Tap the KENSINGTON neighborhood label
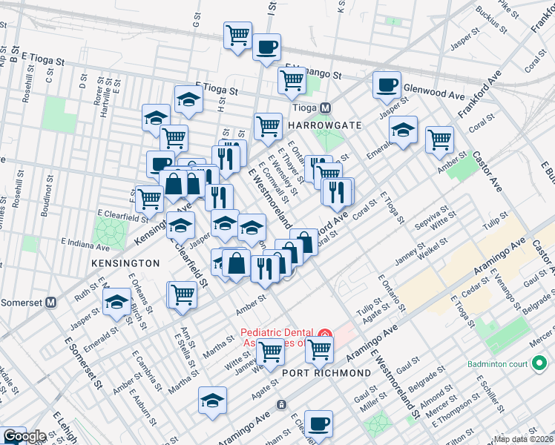[126, 263]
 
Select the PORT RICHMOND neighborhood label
[326, 372]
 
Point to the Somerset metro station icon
[51, 303]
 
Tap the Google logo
[24, 437]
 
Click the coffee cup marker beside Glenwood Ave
[386, 85]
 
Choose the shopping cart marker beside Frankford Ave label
[439, 139]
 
